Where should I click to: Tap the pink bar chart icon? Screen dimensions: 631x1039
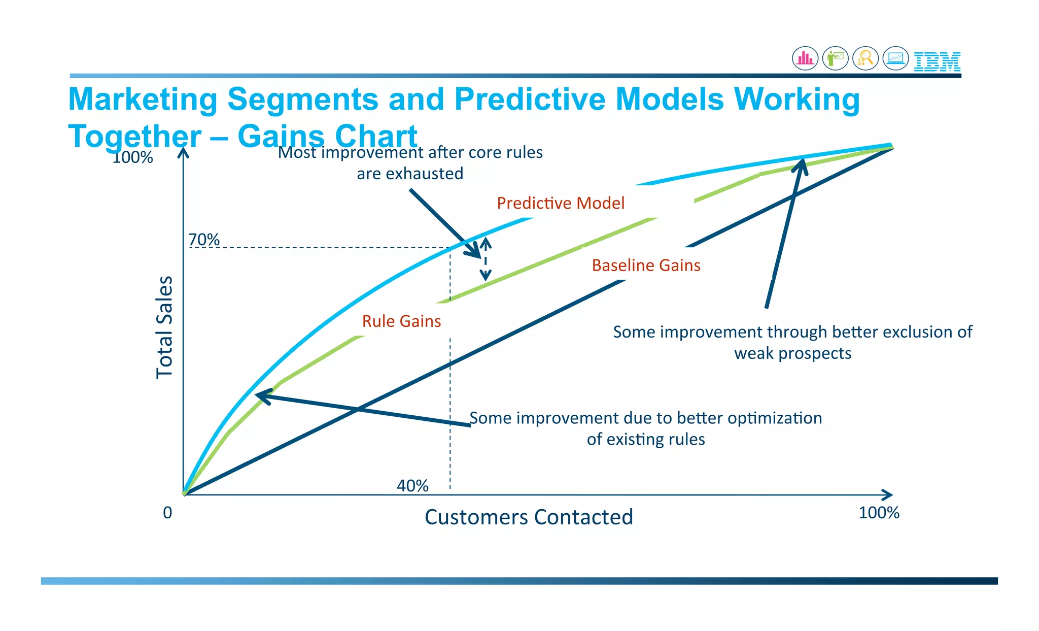point(805,58)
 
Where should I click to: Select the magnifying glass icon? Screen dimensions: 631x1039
point(865,58)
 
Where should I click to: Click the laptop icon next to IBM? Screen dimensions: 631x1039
point(895,58)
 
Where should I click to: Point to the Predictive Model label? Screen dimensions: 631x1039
point(560,203)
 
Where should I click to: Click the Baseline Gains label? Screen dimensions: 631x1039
point(646,265)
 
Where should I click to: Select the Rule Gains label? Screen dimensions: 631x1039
point(401,321)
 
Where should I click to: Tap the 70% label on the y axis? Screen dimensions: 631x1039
point(204,240)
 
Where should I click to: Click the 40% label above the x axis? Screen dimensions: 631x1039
point(412,486)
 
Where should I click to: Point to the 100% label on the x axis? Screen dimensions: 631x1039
point(879,513)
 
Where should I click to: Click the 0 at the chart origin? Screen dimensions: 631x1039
point(167,513)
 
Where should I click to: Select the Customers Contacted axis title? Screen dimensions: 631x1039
point(529,517)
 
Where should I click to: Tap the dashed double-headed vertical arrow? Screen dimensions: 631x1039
point(486,259)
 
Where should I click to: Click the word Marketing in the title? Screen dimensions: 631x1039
point(143,99)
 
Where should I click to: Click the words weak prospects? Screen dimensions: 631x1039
point(792,353)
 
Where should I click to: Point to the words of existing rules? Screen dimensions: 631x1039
point(645,439)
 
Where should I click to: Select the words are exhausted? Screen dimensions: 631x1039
point(410,174)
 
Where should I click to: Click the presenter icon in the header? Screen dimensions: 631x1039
point(835,58)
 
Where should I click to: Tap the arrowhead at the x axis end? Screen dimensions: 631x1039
point(888,495)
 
